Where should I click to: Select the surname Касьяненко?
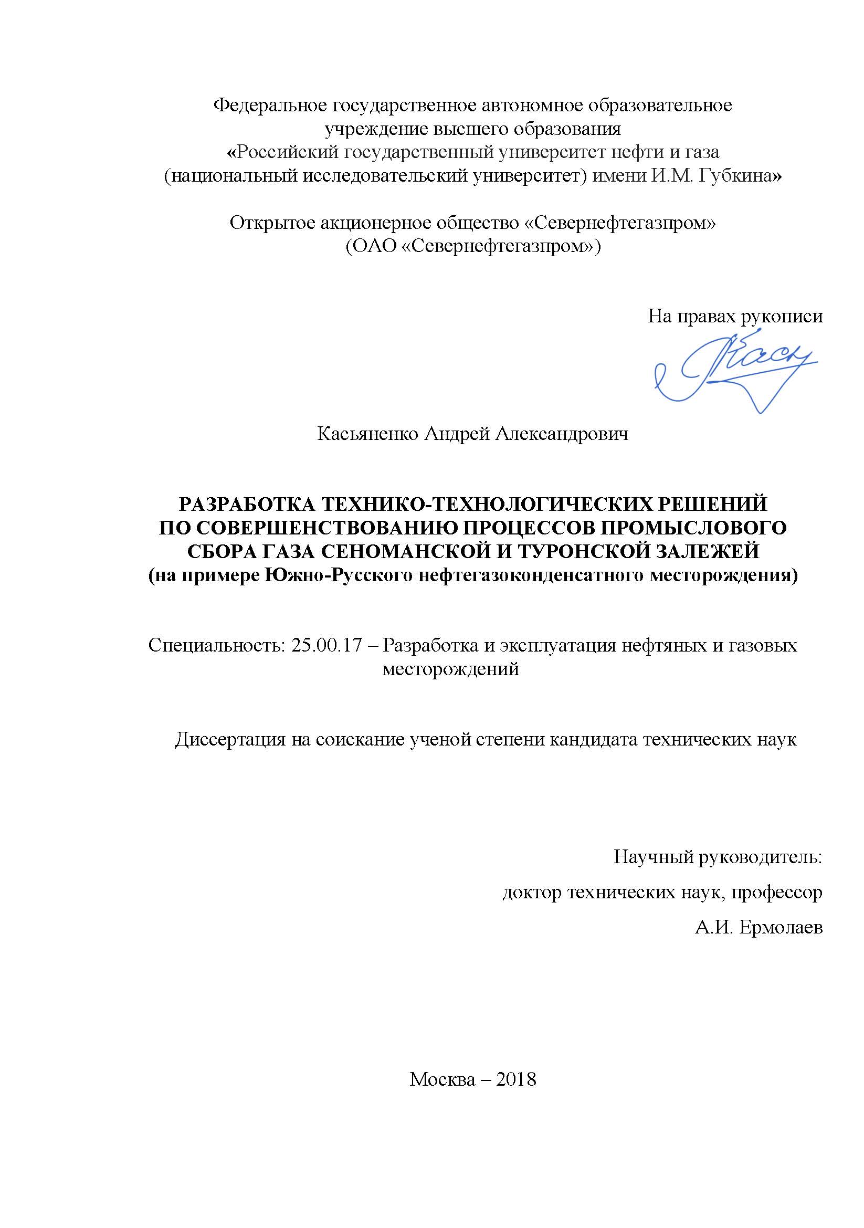367,434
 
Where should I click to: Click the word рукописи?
781,317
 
